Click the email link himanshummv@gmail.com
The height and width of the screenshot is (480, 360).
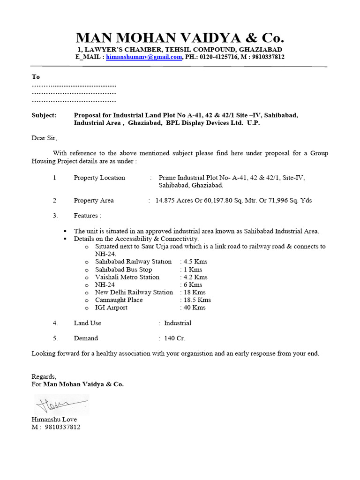144,57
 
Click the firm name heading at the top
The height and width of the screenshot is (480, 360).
180,38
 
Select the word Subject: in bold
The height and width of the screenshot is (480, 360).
44,115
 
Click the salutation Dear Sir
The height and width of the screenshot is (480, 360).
44,138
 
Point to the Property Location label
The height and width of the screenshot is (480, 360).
99,178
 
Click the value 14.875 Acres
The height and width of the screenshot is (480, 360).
175,201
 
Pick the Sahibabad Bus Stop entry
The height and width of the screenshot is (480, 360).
123,270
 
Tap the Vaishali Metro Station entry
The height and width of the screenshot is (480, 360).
127,277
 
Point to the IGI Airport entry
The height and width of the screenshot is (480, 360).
111,307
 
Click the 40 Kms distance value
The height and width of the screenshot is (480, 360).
194,307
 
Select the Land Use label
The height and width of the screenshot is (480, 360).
87,323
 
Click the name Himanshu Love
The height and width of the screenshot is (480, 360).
54,419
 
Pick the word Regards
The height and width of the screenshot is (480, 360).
44,377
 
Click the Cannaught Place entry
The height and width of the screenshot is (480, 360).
119,300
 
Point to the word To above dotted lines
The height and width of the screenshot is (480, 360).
36,77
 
